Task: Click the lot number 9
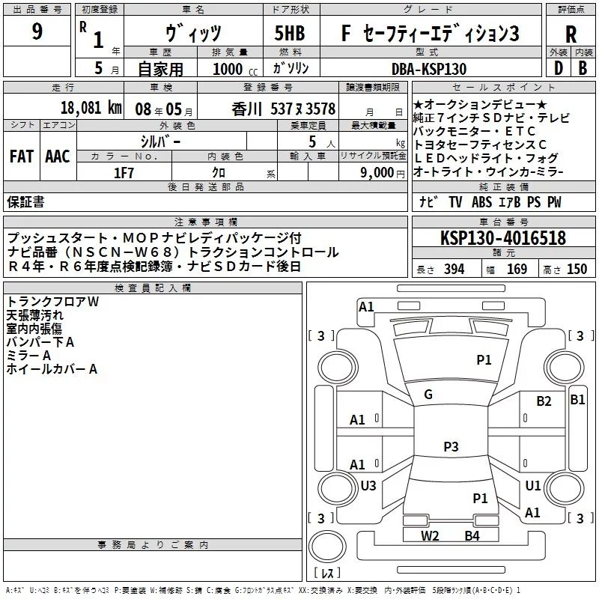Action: click(37, 33)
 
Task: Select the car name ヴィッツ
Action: click(194, 33)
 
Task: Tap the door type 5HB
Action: click(289, 33)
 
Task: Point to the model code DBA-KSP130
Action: click(429, 69)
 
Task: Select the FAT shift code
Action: click(22, 156)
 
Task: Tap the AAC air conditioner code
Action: click(58, 156)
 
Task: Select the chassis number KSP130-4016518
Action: click(503, 239)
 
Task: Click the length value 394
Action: click(454, 270)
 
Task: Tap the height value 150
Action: click(577, 270)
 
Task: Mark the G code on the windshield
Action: click(428, 395)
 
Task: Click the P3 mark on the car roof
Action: click(450, 447)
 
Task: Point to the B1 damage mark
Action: click(577, 400)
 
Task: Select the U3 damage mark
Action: click(368, 486)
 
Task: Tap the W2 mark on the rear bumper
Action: click(429, 535)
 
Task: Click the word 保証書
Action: click(25, 201)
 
